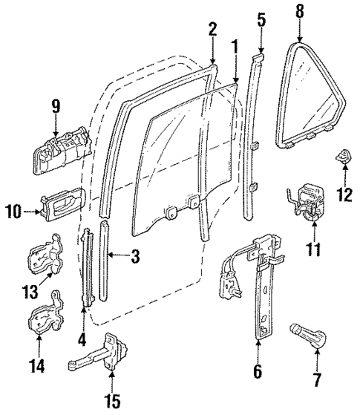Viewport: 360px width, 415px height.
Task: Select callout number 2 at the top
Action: coord(212,29)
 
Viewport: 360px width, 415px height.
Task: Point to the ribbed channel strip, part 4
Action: coord(88,267)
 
